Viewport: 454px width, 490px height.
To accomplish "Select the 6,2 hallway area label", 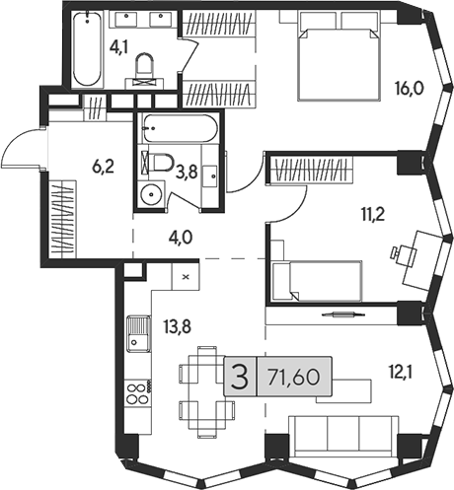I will [104, 169].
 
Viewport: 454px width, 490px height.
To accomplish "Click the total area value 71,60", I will [297, 378].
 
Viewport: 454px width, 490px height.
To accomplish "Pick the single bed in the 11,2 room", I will [316, 280].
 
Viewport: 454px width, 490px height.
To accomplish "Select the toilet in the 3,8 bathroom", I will [160, 163].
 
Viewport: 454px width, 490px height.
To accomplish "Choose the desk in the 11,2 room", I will [420, 252].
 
